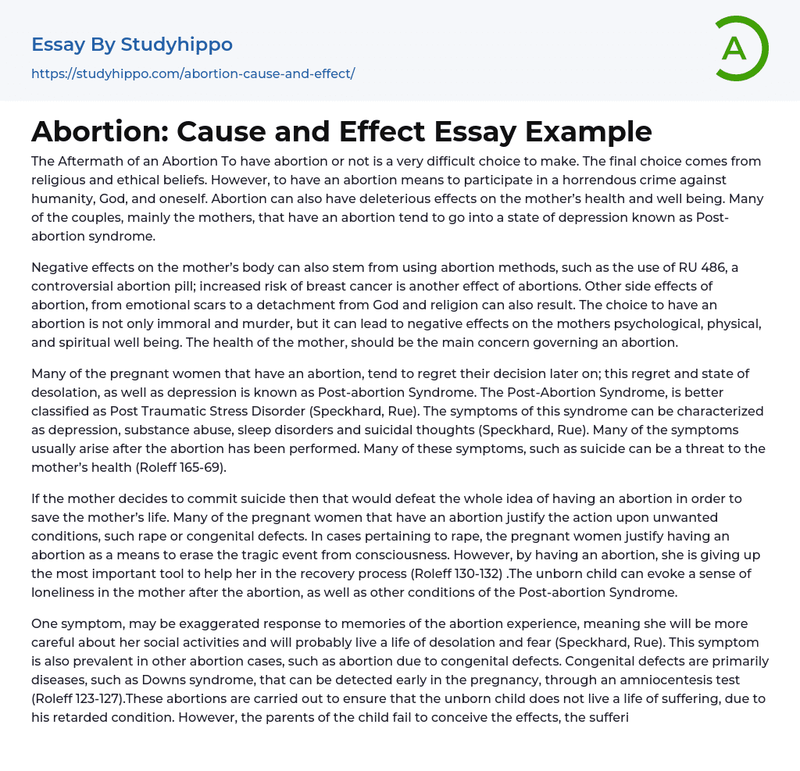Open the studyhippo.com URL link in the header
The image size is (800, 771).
(193, 73)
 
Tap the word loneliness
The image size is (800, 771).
(68, 592)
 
